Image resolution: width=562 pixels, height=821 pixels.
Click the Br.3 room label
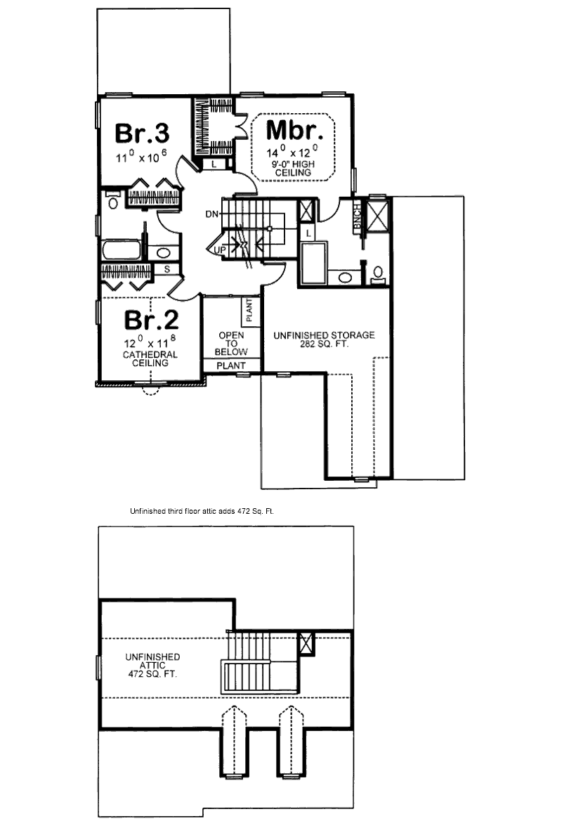click(142, 132)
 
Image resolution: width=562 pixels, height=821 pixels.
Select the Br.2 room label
click(151, 320)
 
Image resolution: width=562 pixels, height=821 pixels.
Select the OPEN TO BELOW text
click(231, 343)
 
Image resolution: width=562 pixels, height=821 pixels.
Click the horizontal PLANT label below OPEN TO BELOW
click(231, 366)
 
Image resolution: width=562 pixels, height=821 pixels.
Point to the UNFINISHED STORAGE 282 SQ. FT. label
click(324, 340)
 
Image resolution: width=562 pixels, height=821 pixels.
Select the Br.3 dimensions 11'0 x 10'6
click(142, 157)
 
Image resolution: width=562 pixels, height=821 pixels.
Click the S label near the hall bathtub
click(167, 269)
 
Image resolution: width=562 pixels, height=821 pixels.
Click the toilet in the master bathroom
click(377, 273)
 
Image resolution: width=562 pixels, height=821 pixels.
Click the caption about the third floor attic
click(202, 512)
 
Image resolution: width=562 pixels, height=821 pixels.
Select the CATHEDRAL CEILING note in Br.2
click(150, 359)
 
